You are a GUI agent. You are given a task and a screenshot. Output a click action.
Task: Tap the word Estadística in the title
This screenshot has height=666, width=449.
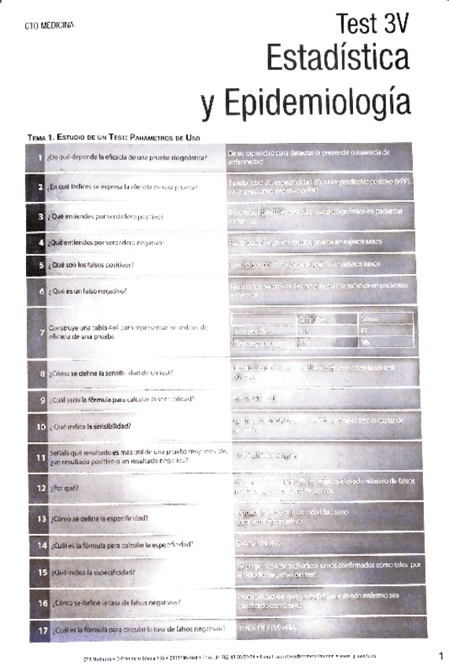[338, 60]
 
